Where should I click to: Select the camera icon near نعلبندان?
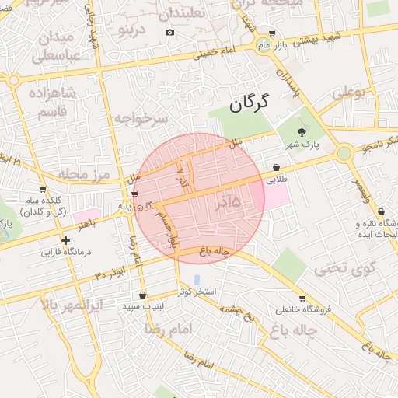coord(169,32)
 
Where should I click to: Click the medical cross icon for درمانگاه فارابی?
coord(66,241)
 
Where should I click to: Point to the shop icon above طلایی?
coord(277,167)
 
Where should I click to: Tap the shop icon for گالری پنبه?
coord(135,194)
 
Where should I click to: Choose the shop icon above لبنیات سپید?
coord(142,295)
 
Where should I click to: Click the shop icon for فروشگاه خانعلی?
coord(302,298)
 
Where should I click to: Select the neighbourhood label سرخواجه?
coord(141,119)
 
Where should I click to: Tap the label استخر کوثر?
coord(197,291)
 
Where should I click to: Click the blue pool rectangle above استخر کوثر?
coord(197,278)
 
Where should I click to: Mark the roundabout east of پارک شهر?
coord(343,153)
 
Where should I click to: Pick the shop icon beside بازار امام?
coord(271,33)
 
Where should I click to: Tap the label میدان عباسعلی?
coord(54,46)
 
